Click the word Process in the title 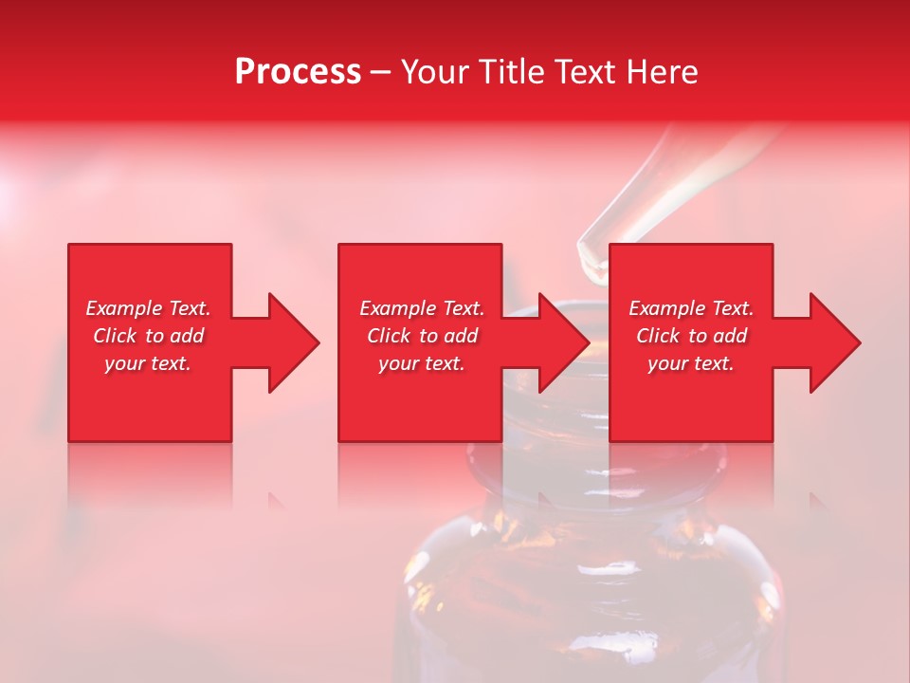pos(298,71)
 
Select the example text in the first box pos(148,336)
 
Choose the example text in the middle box pos(421,336)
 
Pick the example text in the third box pos(691,336)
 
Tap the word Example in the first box pos(124,308)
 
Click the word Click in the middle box pos(389,336)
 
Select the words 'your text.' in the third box pos(691,363)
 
